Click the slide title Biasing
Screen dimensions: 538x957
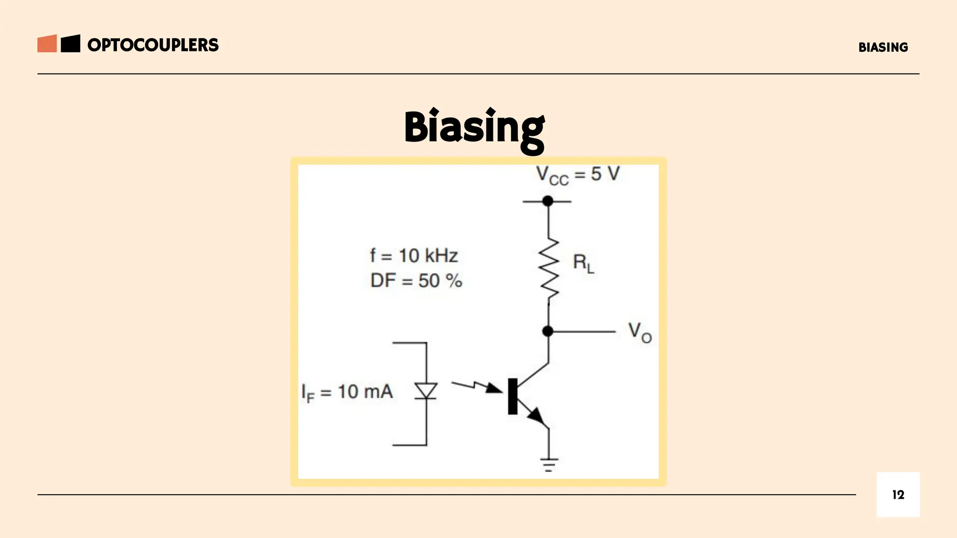474,128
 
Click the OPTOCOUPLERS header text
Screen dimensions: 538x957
153,45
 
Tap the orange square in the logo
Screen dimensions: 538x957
47,43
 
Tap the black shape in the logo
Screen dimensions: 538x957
71,43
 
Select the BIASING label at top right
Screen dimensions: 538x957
883,47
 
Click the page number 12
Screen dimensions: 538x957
898,495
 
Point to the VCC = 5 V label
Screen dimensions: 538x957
577,175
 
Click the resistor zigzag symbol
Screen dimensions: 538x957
549,269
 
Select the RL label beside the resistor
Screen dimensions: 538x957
583,264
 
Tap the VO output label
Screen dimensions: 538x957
639,332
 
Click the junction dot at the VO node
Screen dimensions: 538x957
548,331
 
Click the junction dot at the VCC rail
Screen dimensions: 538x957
548,201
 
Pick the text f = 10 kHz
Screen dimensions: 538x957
414,256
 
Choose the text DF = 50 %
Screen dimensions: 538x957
416,281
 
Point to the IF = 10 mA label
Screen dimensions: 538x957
347,392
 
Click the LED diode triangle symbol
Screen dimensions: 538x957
426,390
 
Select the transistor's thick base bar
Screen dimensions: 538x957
513,396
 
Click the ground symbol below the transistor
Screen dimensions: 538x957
549,465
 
